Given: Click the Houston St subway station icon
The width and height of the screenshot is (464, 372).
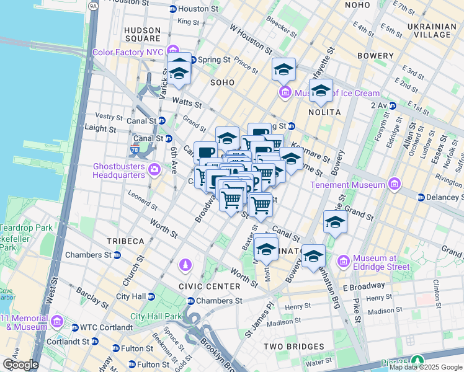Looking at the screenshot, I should (x=173, y=9).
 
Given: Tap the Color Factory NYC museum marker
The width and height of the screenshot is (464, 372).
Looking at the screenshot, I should (x=172, y=51).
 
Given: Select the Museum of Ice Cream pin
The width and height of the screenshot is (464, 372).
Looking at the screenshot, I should (x=285, y=93).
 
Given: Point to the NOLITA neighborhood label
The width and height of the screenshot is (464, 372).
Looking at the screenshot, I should (x=324, y=112).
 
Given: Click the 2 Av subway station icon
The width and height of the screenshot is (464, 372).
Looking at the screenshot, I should (x=392, y=105).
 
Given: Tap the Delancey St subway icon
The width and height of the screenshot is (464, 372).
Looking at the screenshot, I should (x=421, y=198).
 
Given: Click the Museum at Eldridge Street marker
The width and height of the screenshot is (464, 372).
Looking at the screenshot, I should (x=344, y=262).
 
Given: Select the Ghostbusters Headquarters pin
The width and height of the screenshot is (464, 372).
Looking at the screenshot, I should (x=154, y=169).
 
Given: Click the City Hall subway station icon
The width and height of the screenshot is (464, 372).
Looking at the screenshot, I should (x=151, y=296).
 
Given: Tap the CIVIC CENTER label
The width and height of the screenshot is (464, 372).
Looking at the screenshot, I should (x=200, y=286).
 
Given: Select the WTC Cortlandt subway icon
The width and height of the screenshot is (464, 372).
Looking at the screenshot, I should (x=74, y=327).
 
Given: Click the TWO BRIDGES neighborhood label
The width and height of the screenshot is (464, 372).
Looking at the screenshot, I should (x=293, y=346).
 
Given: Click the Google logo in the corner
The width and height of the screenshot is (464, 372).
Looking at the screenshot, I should (x=20, y=365).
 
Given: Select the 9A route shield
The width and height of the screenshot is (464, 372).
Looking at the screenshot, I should (x=94, y=6).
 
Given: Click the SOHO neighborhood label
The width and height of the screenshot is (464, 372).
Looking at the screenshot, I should (x=222, y=82).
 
